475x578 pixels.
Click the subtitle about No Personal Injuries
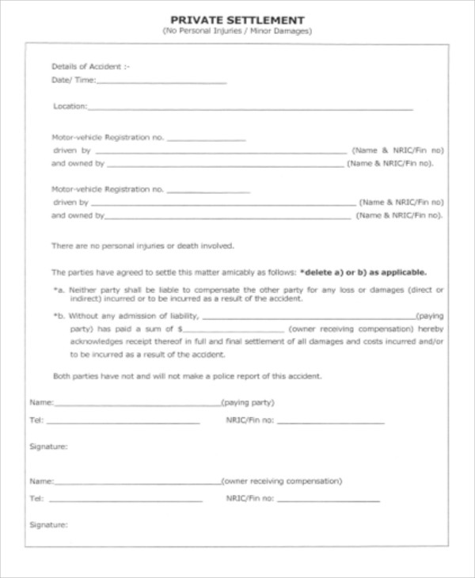tap(237, 32)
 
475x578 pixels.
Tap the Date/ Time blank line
tap(162, 82)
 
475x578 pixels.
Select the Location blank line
tap(250, 107)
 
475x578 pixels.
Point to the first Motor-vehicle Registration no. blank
tap(207, 139)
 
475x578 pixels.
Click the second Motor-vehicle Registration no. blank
tap(208, 191)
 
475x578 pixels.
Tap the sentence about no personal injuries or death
tap(142, 245)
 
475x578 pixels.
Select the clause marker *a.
tap(59, 291)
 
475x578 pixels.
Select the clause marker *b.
tap(59, 316)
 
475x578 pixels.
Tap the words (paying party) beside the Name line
tap(248, 402)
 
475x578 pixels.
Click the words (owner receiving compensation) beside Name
tap(282, 481)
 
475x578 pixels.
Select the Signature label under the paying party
tap(48, 447)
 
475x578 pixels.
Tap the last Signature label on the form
tap(48, 525)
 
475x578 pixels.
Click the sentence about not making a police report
tap(187, 376)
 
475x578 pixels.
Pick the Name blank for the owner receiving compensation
tap(136, 482)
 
